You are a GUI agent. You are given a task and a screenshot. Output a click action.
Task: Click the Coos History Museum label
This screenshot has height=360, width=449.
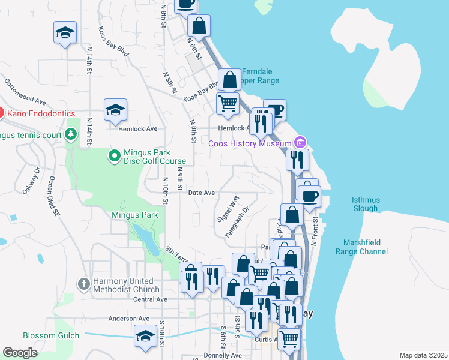point(250,143)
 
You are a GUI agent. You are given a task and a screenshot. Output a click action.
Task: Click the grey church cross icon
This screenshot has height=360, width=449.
point(84,283)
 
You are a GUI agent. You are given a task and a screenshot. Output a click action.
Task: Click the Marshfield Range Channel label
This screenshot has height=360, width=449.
point(366,247)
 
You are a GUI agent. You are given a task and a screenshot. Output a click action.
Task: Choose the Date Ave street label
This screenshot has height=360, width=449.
point(202,193)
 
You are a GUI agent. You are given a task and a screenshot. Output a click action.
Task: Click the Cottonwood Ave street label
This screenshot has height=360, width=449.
point(25,91)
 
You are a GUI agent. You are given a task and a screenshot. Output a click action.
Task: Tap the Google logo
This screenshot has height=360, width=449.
point(20,353)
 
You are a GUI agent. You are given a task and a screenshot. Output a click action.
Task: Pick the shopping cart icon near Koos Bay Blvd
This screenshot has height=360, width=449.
point(228,104)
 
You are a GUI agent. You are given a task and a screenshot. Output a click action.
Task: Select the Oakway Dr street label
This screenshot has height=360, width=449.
point(31,180)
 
